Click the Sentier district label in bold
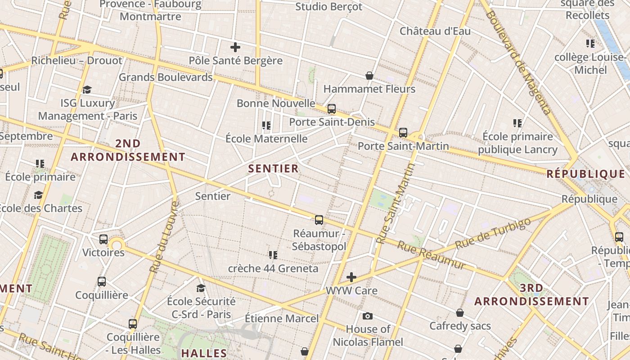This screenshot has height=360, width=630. pyautogui.click(x=273, y=169)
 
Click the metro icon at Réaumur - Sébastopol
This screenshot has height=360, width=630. pyautogui.click(x=319, y=220)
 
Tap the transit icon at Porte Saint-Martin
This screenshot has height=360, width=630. pyautogui.click(x=403, y=133)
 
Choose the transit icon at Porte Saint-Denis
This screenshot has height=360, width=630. pyautogui.click(x=332, y=109)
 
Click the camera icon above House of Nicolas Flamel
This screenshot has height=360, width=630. pyautogui.click(x=368, y=316)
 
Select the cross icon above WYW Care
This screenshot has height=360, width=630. pyautogui.click(x=351, y=277)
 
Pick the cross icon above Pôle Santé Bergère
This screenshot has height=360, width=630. pyautogui.click(x=235, y=47)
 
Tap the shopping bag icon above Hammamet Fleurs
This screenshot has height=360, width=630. pyautogui.click(x=369, y=76)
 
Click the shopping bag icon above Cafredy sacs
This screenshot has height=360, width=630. pyautogui.click(x=460, y=312)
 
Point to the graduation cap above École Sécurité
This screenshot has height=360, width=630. pyautogui.click(x=201, y=288)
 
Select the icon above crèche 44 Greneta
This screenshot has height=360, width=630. pyautogui.click(x=273, y=255)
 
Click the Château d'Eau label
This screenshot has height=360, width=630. pyautogui.click(x=435, y=31)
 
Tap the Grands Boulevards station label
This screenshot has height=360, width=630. pyautogui.click(x=166, y=77)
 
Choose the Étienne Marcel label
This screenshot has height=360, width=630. pyautogui.click(x=282, y=319)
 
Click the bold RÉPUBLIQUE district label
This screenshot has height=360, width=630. pyautogui.click(x=586, y=174)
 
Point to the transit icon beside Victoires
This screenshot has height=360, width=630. pyautogui.click(x=103, y=239)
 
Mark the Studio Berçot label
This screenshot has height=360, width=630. pyautogui.click(x=328, y=7)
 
